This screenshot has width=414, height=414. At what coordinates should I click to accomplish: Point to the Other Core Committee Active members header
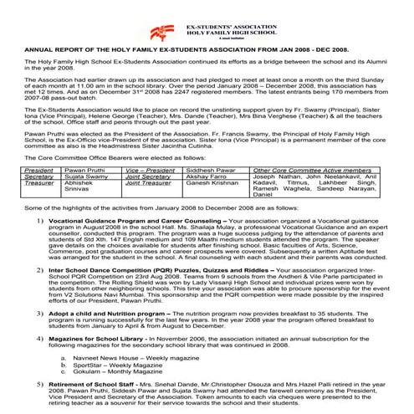pyautogui.click(x=319, y=169)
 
